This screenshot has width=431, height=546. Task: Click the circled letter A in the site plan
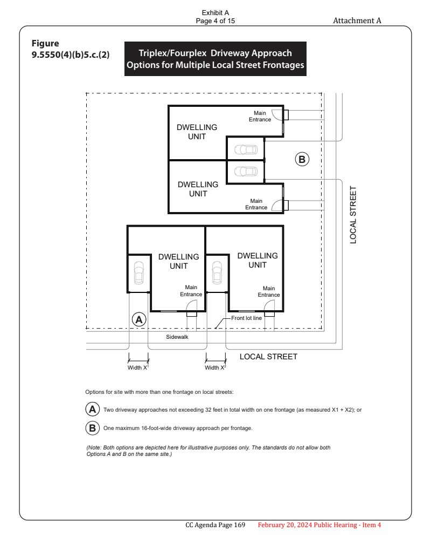point(139,319)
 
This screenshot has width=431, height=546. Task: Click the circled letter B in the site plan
point(302,159)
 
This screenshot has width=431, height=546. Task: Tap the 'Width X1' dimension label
point(138,367)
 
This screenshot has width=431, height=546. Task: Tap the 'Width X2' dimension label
point(215,367)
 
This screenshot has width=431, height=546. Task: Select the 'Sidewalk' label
point(177,337)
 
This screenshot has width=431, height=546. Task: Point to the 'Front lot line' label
point(246,318)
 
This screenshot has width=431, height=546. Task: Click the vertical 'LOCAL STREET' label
point(353,215)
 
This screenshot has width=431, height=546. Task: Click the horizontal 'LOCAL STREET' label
point(268,357)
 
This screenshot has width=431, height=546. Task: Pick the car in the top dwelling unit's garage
point(246,149)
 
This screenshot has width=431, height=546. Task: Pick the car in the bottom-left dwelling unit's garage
point(138,272)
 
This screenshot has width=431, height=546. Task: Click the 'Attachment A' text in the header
point(357,21)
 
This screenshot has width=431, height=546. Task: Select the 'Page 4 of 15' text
point(215,21)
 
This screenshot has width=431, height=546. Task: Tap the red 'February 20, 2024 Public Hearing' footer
point(319,525)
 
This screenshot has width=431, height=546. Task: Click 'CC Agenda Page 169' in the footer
point(215,525)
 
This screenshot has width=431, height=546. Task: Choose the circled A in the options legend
point(93,409)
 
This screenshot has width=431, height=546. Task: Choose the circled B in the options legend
point(93,428)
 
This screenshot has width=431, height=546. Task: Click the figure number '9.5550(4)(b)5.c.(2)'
point(71,54)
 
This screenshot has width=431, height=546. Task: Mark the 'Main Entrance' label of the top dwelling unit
point(260,117)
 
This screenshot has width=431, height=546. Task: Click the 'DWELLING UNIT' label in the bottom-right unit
point(258,260)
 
